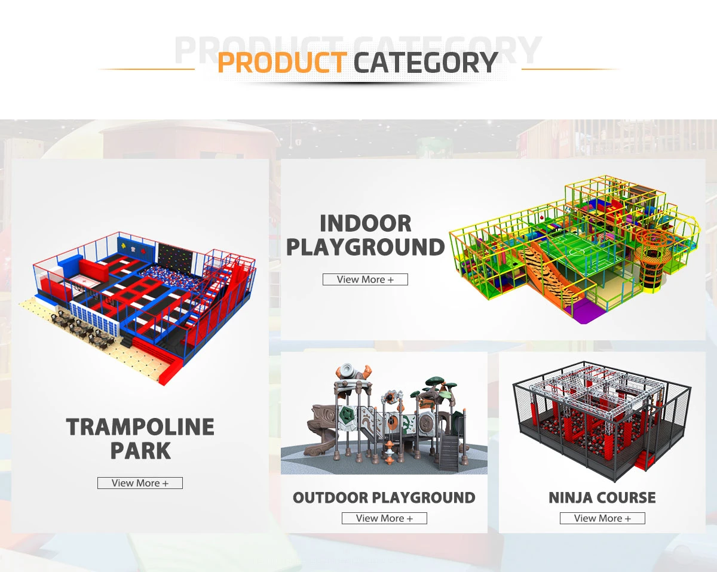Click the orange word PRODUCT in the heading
click(281, 63)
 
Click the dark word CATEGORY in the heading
click(426, 63)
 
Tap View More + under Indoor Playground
click(365, 279)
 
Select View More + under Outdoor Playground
click(384, 518)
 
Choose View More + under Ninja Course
click(602, 518)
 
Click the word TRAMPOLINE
click(140, 428)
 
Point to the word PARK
click(140, 451)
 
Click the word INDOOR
click(366, 224)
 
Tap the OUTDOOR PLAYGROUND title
click(384, 497)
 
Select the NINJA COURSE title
click(602, 497)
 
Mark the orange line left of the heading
click(146, 69)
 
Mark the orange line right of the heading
click(571, 69)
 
